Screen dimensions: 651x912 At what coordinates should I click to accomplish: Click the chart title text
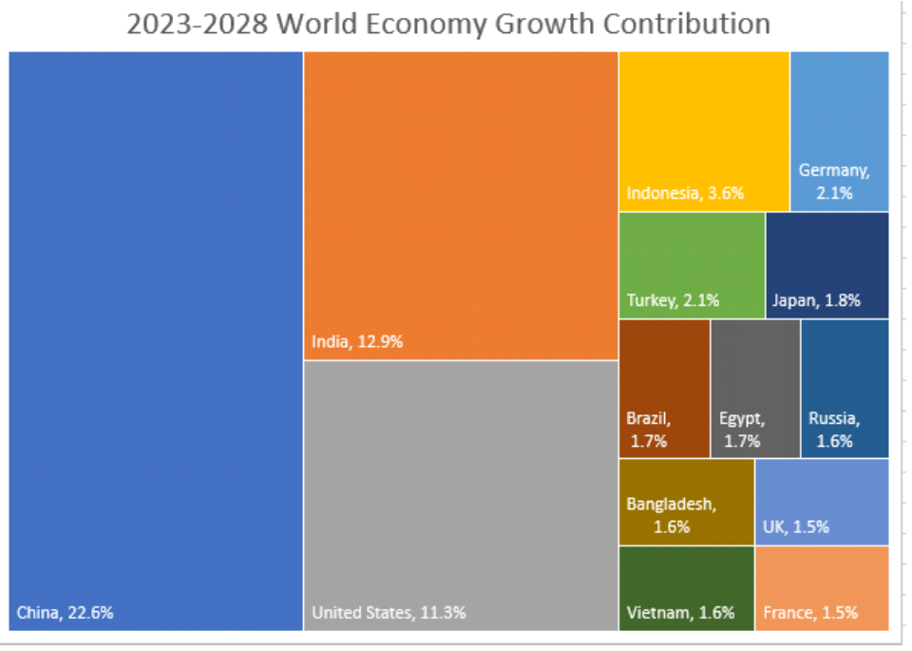pyautogui.click(x=448, y=24)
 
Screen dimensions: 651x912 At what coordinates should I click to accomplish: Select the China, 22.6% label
pyautogui.click(x=65, y=613)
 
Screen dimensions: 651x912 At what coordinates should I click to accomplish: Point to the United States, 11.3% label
pyautogui.click(x=389, y=613)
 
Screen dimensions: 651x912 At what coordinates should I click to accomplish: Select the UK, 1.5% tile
pyautogui.click(x=822, y=501)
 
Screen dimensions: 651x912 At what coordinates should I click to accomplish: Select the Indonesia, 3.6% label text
pyautogui.click(x=685, y=194)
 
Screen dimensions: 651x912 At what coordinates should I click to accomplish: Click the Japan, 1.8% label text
pyautogui.click(x=816, y=301)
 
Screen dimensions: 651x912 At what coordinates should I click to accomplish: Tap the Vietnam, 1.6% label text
pyautogui.click(x=680, y=613)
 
